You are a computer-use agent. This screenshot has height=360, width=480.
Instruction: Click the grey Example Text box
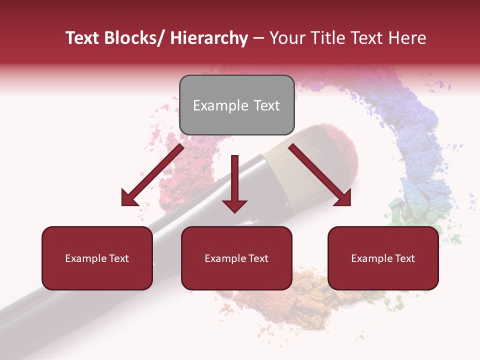click(x=236, y=105)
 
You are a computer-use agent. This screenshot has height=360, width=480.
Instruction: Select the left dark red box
click(x=97, y=258)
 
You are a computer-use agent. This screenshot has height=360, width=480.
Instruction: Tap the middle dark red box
click(x=236, y=258)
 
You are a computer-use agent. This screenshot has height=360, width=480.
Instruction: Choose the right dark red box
click(x=383, y=258)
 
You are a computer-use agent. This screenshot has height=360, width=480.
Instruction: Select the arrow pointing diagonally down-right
click(x=320, y=175)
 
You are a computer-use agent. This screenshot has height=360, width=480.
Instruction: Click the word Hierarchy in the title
click(x=209, y=38)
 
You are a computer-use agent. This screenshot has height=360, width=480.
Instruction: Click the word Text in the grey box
click(x=266, y=105)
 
